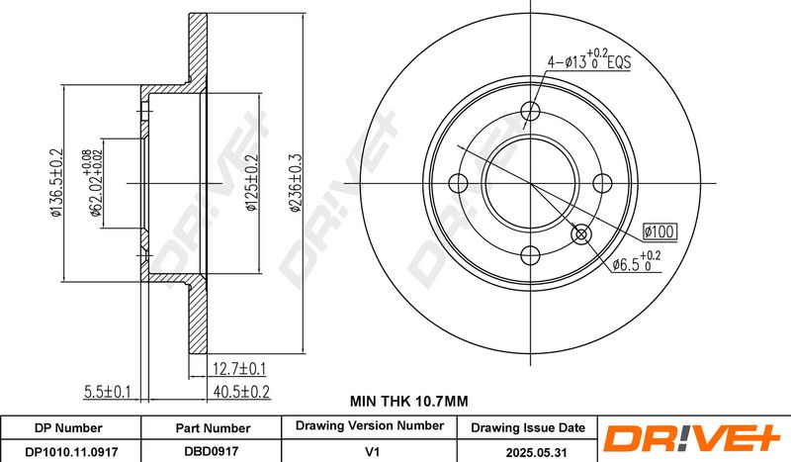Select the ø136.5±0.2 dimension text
tap(55, 183)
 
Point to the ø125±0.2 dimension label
tap(252, 182)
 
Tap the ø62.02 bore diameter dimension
tap(94, 183)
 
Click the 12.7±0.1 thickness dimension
tap(238, 369)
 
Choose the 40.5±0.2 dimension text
tap(241, 392)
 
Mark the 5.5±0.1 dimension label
tap(107, 392)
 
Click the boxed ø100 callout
tap(659, 231)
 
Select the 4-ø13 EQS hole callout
tap(589, 59)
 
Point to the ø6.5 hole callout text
tap(636, 262)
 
